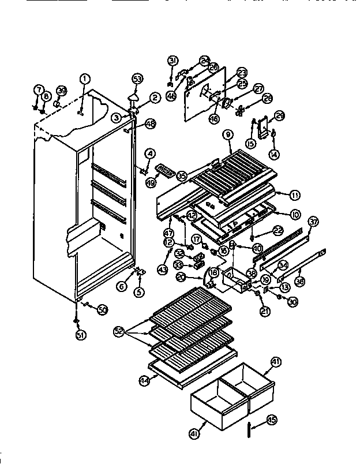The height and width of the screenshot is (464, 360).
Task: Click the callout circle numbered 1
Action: (85, 79)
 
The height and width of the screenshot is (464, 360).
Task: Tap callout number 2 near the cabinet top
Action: (154, 98)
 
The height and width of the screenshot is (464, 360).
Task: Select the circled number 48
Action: (150, 123)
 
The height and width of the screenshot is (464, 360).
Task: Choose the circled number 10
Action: (295, 215)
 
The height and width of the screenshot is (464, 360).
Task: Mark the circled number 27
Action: (258, 88)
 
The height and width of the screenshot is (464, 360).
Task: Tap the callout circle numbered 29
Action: (279, 115)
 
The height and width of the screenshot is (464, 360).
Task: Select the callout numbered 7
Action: (39, 90)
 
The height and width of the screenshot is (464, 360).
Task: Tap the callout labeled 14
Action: (273, 154)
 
